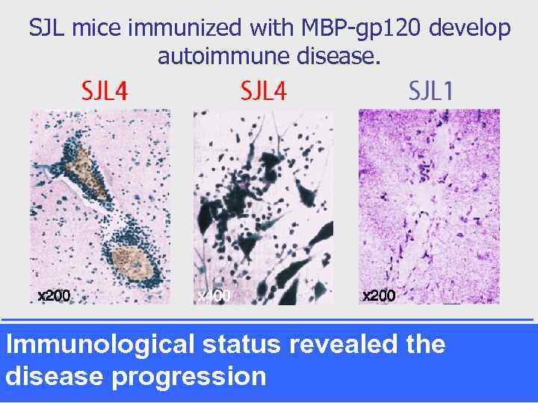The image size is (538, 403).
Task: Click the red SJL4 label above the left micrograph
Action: tap(105, 91)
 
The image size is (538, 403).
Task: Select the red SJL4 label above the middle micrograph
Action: tap(263, 91)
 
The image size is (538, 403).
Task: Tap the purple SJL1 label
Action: tap(430, 91)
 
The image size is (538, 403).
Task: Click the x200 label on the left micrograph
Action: tap(54, 296)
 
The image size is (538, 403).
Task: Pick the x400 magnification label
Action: tap(214, 296)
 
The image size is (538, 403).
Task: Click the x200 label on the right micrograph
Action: tap(379, 296)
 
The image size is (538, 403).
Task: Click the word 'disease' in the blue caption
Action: tap(54, 376)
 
